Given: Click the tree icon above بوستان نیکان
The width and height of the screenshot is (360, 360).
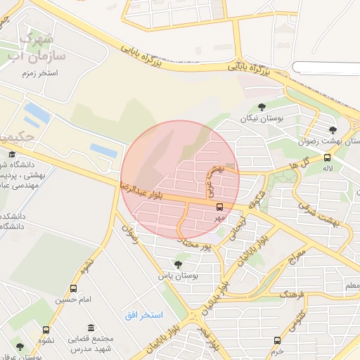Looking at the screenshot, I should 262,108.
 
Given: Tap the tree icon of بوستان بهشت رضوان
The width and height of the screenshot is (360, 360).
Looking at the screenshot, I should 333,129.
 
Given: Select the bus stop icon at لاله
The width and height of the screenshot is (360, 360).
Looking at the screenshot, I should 327,157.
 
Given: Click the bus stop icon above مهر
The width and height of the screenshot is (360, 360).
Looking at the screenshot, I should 220,207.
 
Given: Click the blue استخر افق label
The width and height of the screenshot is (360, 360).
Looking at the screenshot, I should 143,314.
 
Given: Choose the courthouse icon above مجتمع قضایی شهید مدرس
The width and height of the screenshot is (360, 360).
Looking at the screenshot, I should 91,328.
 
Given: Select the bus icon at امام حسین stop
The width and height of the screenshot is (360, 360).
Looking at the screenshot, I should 74,288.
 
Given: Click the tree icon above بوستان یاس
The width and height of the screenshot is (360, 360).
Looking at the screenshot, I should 178,264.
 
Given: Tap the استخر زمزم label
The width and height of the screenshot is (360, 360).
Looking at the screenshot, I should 40,72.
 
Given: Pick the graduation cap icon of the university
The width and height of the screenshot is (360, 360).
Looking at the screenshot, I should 11,154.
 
